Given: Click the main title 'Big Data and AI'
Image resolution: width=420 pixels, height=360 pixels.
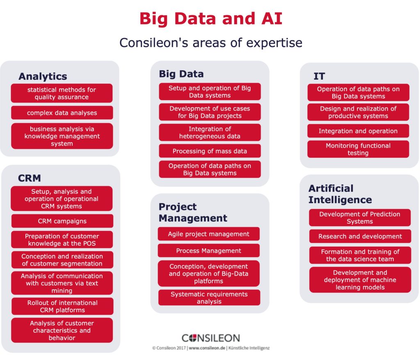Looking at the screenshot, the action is (211, 18).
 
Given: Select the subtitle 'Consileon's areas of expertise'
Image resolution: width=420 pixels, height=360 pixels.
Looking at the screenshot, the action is (211, 43).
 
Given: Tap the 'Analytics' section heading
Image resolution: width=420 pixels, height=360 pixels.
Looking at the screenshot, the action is (43, 76).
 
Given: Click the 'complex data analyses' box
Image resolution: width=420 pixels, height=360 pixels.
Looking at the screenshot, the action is (62, 112).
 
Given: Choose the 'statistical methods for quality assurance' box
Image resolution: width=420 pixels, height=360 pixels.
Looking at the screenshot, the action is (62, 93).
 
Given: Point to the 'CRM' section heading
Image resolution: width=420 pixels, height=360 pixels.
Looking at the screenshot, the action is (30, 178).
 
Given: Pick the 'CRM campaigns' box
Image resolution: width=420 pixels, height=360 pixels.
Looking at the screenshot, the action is (62, 221).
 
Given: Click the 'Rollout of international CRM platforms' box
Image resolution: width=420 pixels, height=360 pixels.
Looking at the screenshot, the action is (62, 306).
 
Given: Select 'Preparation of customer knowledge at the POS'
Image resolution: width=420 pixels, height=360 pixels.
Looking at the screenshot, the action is (62, 240).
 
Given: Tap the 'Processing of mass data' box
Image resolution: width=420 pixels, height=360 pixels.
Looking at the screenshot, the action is (210, 151).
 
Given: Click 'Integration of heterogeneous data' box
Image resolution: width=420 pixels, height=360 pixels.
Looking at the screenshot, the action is (210, 133).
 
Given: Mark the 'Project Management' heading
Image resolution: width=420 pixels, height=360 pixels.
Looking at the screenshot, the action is (193, 212).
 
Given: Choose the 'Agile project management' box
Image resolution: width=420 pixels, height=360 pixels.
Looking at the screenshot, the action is (209, 234).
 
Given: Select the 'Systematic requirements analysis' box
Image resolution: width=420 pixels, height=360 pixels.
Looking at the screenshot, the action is (209, 298).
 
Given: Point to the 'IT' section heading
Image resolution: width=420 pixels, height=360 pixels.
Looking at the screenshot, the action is (319, 76).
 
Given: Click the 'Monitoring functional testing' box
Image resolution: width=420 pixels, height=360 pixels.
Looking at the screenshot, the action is (358, 149).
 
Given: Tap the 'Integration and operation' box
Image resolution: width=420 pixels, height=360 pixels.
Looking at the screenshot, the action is (358, 131).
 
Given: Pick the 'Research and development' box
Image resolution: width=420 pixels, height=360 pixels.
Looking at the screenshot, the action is (360, 236).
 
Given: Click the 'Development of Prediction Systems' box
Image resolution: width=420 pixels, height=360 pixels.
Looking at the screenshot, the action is (360, 218).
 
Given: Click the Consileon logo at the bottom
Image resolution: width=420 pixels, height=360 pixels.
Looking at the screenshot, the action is (211, 338).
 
